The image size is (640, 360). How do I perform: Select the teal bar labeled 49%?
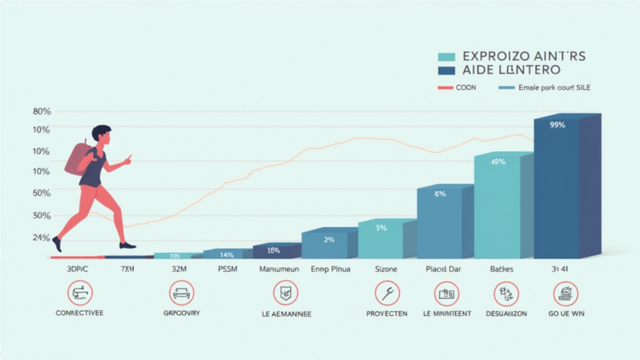click(497, 206)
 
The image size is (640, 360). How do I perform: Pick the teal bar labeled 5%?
click(381, 240)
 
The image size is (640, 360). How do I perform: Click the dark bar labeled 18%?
click(273, 251)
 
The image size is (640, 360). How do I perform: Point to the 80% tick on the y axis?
click(41, 112)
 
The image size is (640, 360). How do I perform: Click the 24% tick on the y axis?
click(41, 237)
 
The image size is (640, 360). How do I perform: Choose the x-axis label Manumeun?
click(279, 269)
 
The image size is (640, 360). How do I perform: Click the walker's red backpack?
click(77, 159)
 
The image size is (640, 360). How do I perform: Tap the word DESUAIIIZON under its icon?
click(506, 313)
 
